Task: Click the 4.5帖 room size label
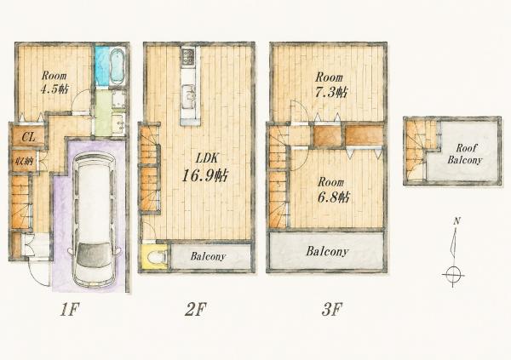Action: coord(55,89)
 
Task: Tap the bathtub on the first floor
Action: coord(117,66)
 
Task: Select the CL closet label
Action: coord(28,137)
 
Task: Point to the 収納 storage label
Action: coord(24,161)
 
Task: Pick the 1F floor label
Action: coord(70,310)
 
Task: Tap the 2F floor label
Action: coord(196,310)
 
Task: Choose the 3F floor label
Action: coord(332,310)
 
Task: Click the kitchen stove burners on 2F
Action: coord(188,57)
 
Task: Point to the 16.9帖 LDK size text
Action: coord(204,176)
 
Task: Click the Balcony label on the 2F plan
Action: coord(208,256)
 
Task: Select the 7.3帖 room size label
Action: coord(331,92)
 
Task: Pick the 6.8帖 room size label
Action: coord(334,197)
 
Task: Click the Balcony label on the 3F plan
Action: coord(327,252)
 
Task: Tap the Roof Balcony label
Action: coord(464,154)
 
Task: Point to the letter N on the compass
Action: coord(456,221)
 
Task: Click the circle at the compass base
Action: coord(453,272)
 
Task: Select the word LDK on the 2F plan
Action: coord(206,158)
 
